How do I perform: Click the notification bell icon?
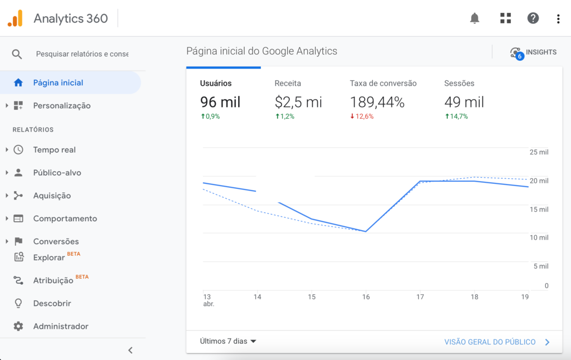pyautogui.click(x=475, y=18)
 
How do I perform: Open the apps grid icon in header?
pyautogui.click(x=505, y=18)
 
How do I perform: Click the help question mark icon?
pyautogui.click(x=533, y=18)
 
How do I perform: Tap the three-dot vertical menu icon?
pyautogui.click(x=558, y=19)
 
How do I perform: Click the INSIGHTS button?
pyautogui.click(x=533, y=52)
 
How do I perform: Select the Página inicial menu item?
pyautogui.click(x=58, y=82)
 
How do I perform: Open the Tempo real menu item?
pyautogui.click(x=54, y=150)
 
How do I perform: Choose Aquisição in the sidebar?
pyautogui.click(x=52, y=196)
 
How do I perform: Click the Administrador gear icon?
pyautogui.click(x=18, y=327)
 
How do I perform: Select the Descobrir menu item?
pyautogui.click(x=52, y=304)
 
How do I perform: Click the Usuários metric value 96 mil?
pyautogui.click(x=220, y=102)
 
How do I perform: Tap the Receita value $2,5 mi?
pyautogui.click(x=298, y=102)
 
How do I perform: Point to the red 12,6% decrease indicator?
pyautogui.click(x=362, y=116)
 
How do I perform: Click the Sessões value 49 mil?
pyautogui.click(x=464, y=102)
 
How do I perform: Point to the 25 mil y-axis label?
pyautogui.click(x=539, y=152)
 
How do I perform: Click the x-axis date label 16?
pyautogui.click(x=366, y=297)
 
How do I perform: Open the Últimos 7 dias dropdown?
pyautogui.click(x=228, y=341)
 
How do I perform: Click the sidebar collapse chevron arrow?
pyautogui.click(x=130, y=351)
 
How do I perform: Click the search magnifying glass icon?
pyautogui.click(x=17, y=54)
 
